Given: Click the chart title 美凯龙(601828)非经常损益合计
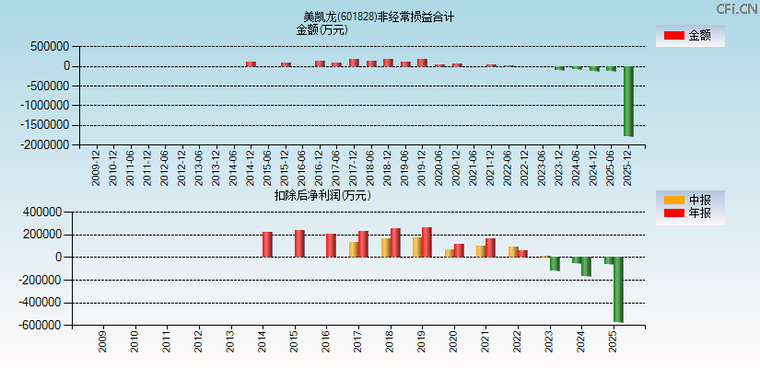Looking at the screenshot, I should click(x=379, y=17).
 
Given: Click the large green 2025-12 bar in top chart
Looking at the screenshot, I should click(x=628, y=101).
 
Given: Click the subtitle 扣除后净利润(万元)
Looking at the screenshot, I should click(x=322, y=195).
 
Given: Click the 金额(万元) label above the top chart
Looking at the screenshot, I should click(x=322, y=29).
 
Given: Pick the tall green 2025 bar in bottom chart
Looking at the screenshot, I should click(x=618, y=289).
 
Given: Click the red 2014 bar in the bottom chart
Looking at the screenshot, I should click(x=267, y=244).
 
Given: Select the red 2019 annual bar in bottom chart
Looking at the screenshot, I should click(x=427, y=242).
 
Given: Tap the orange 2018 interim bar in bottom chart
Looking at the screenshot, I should click(x=386, y=247).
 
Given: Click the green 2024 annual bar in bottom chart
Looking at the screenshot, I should click(x=586, y=267).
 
